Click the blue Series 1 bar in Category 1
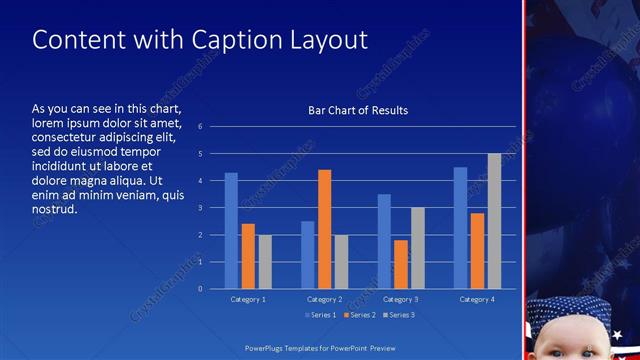point(231,231)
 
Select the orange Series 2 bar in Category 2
point(324,229)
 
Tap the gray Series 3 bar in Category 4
point(494,221)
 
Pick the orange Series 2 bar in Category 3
point(401,264)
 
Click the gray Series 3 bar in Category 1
point(265,262)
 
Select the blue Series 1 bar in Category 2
point(308,255)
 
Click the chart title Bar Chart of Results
point(357,110)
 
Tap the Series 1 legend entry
point(320,315)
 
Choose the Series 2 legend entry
point(359,315)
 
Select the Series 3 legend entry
point(398,315)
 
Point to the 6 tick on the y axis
point(200,127)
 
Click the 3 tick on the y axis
point(200,208)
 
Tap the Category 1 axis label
point(248,299)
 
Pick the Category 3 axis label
point(401,299)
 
